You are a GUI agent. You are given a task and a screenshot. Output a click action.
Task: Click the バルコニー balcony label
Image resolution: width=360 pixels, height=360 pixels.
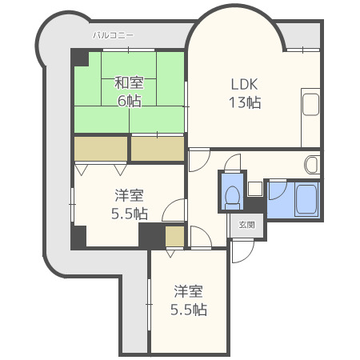[113, 35]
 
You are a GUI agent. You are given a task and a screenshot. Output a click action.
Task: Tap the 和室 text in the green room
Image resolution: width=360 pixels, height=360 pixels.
[127, 82]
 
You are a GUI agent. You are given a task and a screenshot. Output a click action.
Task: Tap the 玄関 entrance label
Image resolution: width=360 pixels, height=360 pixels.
[247, 226]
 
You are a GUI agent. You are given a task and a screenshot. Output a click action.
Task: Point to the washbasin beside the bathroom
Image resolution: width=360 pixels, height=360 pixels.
[313, 165]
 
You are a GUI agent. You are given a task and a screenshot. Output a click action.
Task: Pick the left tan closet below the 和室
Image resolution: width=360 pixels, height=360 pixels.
[101, 150]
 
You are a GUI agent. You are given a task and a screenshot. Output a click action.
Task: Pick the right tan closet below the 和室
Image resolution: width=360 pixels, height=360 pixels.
[157, 150]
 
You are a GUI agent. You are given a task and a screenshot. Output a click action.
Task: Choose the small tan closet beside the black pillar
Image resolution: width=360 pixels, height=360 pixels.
[175, 236]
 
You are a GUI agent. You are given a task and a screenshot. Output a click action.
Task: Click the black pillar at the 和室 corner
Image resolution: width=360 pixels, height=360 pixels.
[79, 58]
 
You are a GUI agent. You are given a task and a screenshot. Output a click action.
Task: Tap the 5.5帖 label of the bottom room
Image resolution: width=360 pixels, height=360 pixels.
[188, 310]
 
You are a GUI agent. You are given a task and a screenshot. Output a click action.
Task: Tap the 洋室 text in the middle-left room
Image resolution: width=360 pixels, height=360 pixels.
[129, 195]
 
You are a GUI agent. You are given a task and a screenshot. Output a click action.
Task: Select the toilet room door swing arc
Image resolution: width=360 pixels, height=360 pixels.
[231, 163]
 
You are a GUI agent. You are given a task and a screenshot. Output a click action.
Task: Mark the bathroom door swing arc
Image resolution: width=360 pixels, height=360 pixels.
[276, 190]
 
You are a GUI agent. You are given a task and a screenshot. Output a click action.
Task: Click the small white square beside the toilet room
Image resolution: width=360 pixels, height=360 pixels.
[254, 189]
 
